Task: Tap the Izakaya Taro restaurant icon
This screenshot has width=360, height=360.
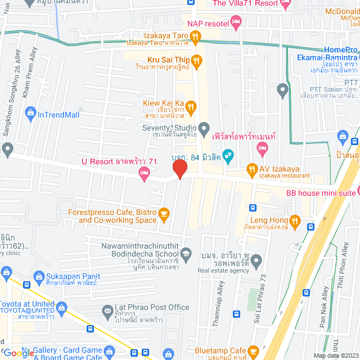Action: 195,38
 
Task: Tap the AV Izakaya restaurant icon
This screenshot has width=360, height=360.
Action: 253,169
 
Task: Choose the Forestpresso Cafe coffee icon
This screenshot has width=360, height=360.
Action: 164,213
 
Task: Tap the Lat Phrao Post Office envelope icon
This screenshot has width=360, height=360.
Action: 107,310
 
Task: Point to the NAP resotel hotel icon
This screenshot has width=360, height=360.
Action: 236,23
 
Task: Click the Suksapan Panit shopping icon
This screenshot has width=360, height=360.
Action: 38,276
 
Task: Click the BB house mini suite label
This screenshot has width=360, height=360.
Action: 321,193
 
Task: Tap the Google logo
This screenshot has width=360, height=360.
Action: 18,353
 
